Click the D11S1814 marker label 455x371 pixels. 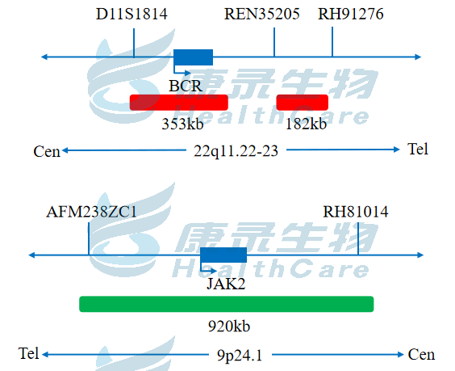click(131, 14)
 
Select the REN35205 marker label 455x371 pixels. click(261, 14)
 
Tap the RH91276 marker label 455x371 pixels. click(351, 14)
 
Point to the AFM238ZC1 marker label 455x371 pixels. click(91, 212)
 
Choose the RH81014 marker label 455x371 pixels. click(356, 212)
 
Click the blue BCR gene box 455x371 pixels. click(194, 57)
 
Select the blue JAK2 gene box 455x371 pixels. click(223, 255)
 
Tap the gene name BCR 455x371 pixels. click(185, 86)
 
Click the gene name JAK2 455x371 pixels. click(226, 284)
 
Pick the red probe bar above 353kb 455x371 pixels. click(179, 103)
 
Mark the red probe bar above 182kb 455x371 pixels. click(302, 103)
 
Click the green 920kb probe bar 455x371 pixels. click(227, 304)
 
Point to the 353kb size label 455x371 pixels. click(182, 124)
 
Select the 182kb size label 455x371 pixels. click(306, 124)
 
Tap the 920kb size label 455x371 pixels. click(229, 327)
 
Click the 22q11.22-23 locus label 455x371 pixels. click(236, 151)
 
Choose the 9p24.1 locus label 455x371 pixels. click(240, 356)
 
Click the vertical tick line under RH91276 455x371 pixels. click(332, 42)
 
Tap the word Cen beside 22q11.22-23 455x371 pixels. click(47, 151)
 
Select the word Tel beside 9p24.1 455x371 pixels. click(28, 353)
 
